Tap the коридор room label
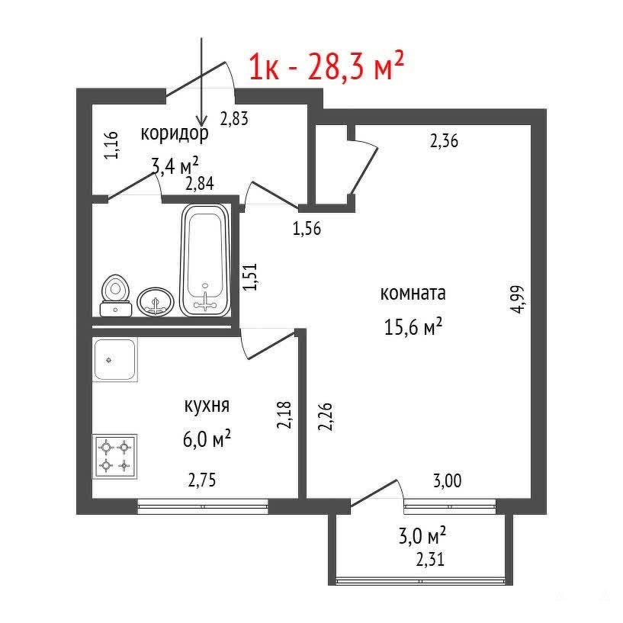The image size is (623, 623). click(x=175, y=133)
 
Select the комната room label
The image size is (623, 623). click(x=413, y=294)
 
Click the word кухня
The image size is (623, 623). click(x=207, y=406)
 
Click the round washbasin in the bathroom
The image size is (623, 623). click(x=156, y=302)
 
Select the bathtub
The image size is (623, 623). click(x=205, y=259)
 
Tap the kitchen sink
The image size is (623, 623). click(x=115, y=360)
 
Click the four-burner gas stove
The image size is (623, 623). click(x=115, y=456)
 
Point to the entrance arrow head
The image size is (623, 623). click(x=202, y=120)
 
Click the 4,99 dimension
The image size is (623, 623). click(x=518, y=299)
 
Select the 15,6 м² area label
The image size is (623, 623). click(x=413, y=327)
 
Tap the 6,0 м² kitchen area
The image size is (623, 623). click(x=207, y=438)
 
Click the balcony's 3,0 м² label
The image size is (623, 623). click(x=422, y=535)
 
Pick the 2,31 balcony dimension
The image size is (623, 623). click(x=430, y=560)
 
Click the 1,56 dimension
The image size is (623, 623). click(x=307, y=229)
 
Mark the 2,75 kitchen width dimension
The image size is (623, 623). click(x=202, y=480)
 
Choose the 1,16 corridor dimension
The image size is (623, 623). click(x=111, y=145)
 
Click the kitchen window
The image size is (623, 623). click(x=203, y=506)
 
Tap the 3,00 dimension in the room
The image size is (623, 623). click(x=448, y=481)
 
